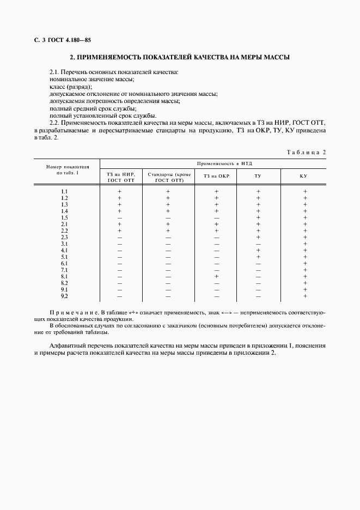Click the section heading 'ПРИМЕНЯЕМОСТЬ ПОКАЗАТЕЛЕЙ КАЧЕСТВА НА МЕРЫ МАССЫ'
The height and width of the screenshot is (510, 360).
(x=180, y=57)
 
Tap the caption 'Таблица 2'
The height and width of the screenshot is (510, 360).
(x=306, y=152)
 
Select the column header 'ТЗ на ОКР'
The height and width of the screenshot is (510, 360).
(x=216, y=176)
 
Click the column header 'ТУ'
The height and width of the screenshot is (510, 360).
(x=258, y=176)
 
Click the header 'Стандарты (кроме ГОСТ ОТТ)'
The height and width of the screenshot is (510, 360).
(x=169, y=177)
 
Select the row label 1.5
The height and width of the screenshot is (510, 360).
(x=64, y=217)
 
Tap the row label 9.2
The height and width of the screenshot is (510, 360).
(x=64, y=296)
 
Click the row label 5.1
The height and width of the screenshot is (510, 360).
(x=64, y=257)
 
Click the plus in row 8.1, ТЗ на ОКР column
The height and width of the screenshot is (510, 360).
(x=216, y=276)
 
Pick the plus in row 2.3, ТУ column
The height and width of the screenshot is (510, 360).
(x=258, y=237)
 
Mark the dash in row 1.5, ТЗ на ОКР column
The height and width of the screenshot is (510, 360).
(x=216, y=217)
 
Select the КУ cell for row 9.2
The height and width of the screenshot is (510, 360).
(x=305, y=296)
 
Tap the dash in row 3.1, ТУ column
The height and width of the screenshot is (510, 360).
(x=258, y=244)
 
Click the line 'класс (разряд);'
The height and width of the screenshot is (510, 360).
(x=71, y=87)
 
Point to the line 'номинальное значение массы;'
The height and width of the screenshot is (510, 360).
(x=91, y=80)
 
